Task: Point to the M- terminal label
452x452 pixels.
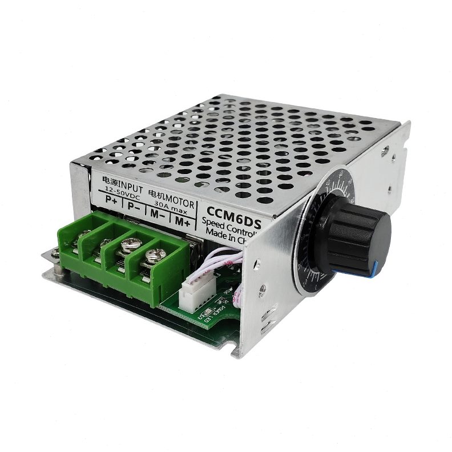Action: click(x=156, y=213)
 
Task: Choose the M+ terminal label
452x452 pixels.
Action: click(x=182, y=219)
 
